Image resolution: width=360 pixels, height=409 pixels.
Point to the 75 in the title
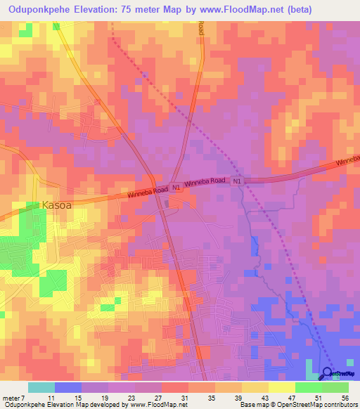(133, 9)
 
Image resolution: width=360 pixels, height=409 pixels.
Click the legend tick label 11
(50, 398)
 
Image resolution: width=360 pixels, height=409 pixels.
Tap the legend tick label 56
(344, 398)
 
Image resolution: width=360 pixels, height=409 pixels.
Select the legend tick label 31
(184, 398)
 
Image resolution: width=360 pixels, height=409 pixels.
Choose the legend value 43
(264, 398)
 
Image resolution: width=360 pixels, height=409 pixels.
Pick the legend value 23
(131, 398)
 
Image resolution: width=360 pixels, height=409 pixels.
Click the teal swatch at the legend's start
(41, 387)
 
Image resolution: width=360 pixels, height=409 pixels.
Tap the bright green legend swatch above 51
(308, 387)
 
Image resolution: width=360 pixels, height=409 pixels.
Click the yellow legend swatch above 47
(281, 387)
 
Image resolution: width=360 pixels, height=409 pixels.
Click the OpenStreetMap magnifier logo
(328, 373)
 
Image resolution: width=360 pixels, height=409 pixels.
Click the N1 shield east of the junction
(238, 181)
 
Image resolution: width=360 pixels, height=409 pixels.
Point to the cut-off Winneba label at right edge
(347, 161)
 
